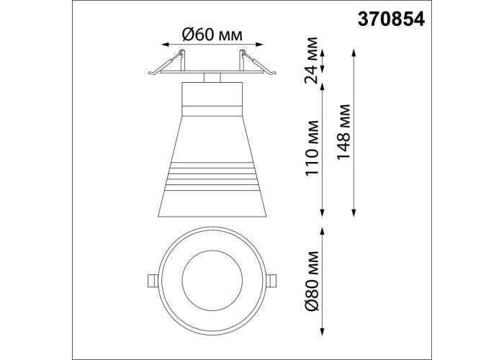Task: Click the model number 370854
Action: (391, 19)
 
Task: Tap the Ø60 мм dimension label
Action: (212, 35)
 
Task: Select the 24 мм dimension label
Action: (311, 60)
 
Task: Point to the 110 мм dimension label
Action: (312, 148)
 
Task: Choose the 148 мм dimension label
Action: (343, 132)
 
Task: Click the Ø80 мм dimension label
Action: (312, 281)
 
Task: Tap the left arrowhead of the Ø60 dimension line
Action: (165, 45)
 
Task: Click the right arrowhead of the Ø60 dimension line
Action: (259, 45)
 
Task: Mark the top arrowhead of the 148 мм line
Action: (354, 53)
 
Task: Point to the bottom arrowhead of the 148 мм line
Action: (354, 213)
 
